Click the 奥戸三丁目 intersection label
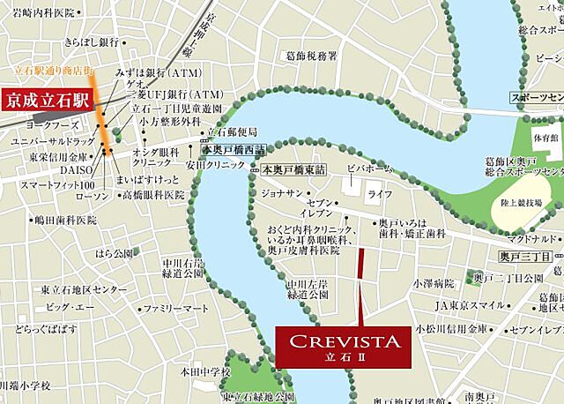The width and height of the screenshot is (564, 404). point(524,256)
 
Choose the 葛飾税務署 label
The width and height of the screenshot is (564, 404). point(312,56)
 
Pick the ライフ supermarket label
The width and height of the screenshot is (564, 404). point(380,192)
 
